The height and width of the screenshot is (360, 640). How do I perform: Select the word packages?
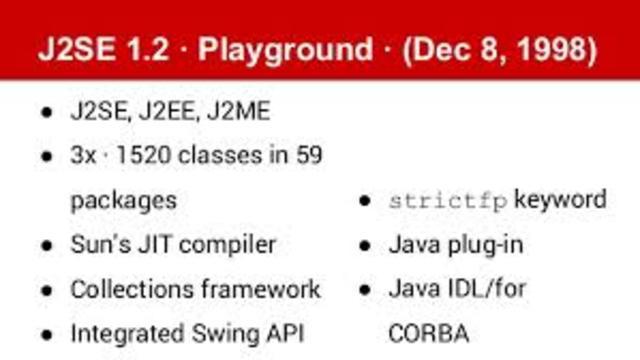(x=123, y=200)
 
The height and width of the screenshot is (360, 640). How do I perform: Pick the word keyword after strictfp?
(x=561, y=199)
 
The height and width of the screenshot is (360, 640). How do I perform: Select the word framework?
(x=263, y=289)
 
